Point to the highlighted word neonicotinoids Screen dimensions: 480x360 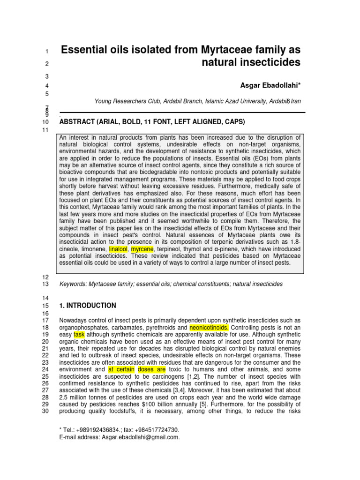(x=209, y=327)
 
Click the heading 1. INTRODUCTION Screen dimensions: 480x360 (x=88, y=306)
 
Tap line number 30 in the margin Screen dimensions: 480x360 (x=45, y=411)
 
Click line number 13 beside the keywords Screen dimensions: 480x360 (x=45, y=284)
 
